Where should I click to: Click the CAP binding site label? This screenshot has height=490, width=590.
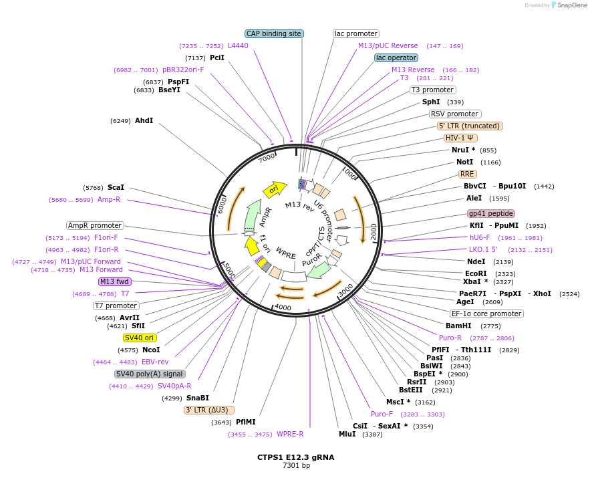[x=274, y=33]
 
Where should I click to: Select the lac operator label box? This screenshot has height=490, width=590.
[x=396, y=57]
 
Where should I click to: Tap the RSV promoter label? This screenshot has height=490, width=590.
[x=454, y=114]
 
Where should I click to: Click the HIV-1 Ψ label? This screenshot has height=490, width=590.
[x=461, y=138]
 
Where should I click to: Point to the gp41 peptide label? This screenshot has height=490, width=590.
[x=491, y=214]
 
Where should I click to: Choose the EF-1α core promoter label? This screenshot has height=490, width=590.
[x=486, y=314]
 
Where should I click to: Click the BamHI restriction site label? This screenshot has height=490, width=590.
[x=459, y=326]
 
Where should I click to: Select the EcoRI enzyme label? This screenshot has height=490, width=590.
[x=476, y=273]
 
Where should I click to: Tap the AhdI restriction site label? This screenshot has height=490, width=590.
[x=144, y=120]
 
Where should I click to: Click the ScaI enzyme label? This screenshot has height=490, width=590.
[x=116, y=187]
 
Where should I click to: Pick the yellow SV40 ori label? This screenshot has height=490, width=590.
[x=139, y=338]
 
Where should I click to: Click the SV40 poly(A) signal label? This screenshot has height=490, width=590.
[x=150, y=374]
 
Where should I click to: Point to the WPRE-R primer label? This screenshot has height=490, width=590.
[x=290, y=434]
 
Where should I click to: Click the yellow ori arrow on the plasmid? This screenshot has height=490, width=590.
[x=275, y=189]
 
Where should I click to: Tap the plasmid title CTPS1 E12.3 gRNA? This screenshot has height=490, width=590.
[x=295, y=457]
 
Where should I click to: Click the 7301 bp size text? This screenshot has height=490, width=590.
[x=295, y=466]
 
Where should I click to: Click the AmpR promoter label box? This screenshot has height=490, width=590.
[x=95, y=225]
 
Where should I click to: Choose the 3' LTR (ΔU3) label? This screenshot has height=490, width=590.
[x=209, y=410]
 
